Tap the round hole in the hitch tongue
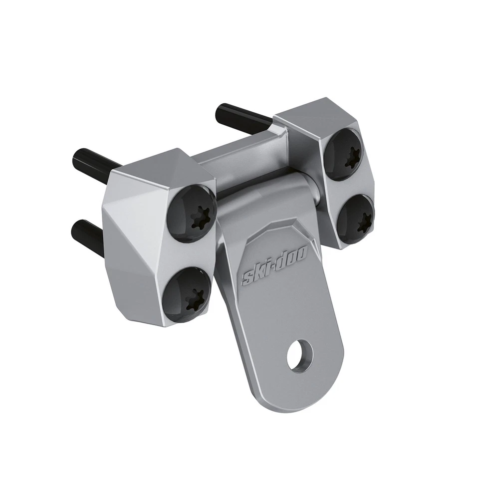pyautogui.click(x=299, y=355)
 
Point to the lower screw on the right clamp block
pyautogui.click(x=356, y=215)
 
